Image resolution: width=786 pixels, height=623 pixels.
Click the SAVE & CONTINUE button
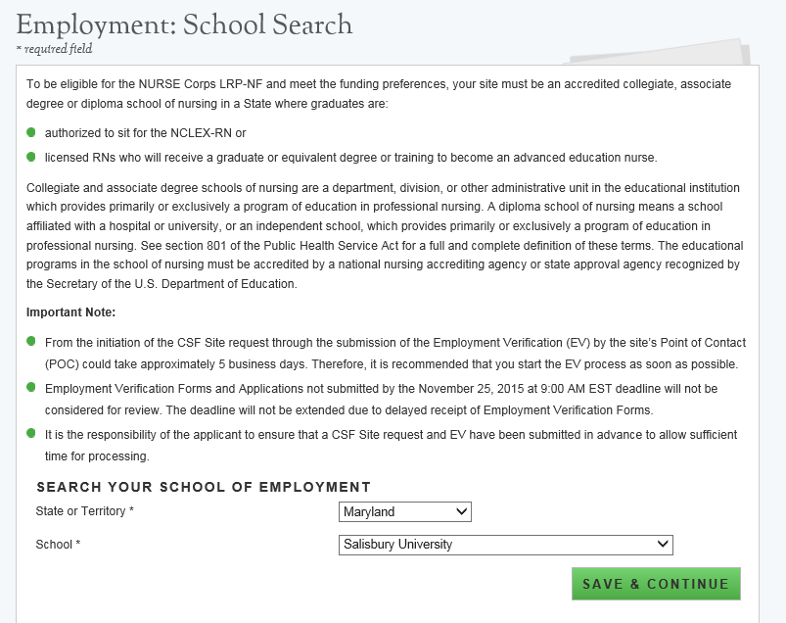656,584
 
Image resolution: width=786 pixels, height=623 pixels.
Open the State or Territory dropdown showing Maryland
405,511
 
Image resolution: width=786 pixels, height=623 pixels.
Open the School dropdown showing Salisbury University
506,544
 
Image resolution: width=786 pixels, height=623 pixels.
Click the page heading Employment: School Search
185,24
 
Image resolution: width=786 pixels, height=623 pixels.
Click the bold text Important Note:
71,312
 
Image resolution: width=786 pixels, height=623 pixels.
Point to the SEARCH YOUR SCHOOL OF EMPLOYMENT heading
204,487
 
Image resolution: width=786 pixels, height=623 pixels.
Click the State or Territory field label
84,511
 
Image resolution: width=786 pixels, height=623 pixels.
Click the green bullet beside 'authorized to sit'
31,131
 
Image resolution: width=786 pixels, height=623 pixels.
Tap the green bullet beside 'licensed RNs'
31,156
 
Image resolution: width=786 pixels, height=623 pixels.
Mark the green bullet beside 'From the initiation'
31,342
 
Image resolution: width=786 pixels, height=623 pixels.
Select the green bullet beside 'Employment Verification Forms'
31,388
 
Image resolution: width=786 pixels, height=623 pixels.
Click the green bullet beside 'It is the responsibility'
31,433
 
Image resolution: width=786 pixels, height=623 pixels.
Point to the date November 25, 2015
539,389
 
